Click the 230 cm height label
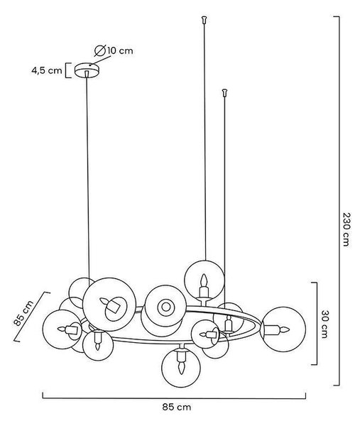(x=345, y=229)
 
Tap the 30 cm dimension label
(x=324, y=324)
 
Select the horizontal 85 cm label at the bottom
(x=177, y=407)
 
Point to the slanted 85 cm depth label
(x=23, y=313)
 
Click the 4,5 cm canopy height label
(x=47, y=70)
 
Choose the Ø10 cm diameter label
(x=114, y=50)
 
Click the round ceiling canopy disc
(x=87, y=70)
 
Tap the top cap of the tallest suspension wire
(x=204, y=20)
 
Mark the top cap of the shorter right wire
(x=224, y=92)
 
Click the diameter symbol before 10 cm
(x=100, y=51)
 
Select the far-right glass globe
(x=283, y=329)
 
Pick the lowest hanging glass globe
(x=181, y=368)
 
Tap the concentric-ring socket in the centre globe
(x=165, y=307)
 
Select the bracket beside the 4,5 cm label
(x=68, y=70)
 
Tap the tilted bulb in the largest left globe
(x=111, y=305)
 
